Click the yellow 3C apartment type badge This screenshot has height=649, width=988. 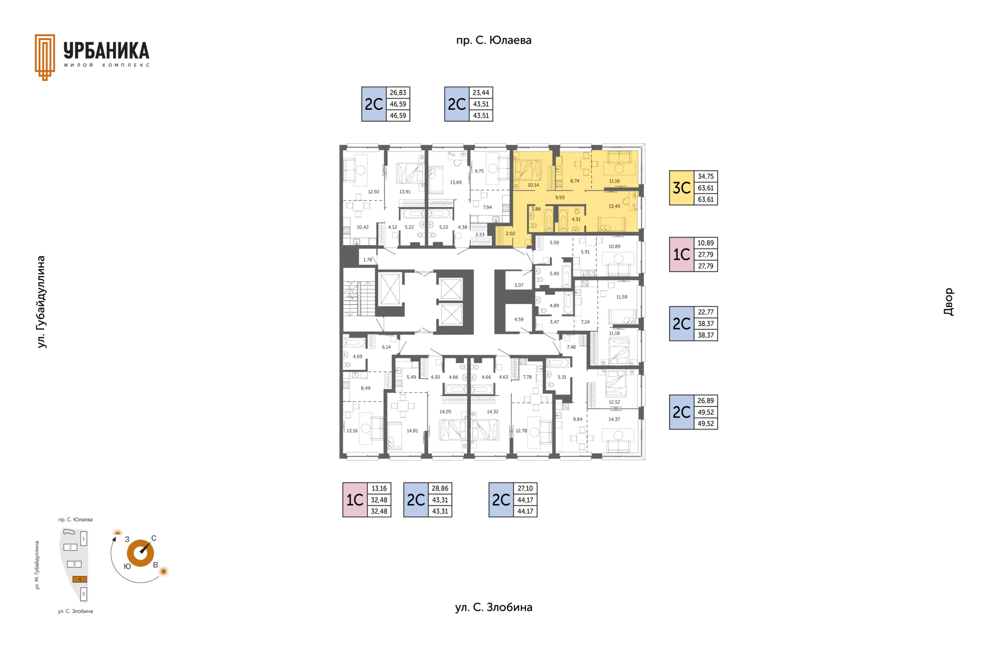[x=681, y=188]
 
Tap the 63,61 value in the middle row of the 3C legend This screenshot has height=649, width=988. [x=705, y=188]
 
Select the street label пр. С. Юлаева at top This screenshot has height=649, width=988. [x=493, y=40]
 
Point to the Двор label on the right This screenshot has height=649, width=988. [x=948, y=302]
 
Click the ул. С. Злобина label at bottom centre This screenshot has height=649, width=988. [x=493, y=607]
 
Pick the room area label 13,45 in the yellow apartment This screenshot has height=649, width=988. [x=614, y=206]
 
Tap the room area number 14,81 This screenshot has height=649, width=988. [x=412, y=431]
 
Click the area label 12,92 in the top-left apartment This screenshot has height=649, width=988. [x=374, y=192]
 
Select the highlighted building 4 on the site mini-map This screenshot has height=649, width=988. [x=80, y=579]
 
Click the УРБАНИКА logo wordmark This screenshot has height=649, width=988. [x=107, y=51]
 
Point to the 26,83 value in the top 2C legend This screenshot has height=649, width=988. [x=398, y=93]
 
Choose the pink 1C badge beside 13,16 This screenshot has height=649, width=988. [x=355, y=500]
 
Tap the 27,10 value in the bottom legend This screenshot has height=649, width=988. [x=525, y=488]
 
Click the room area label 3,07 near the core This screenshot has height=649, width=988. [x=519, y=285]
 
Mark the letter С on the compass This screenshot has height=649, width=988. [x=154, y=538]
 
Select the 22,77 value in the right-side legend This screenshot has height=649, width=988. [x=705, y=312]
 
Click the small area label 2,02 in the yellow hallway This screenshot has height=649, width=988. [x=510, y=233]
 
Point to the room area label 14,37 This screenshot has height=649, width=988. [x=614, y=419]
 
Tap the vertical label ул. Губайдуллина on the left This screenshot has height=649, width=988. [x=42, y=302]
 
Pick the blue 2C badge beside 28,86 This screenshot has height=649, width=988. [x=416, y=500]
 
